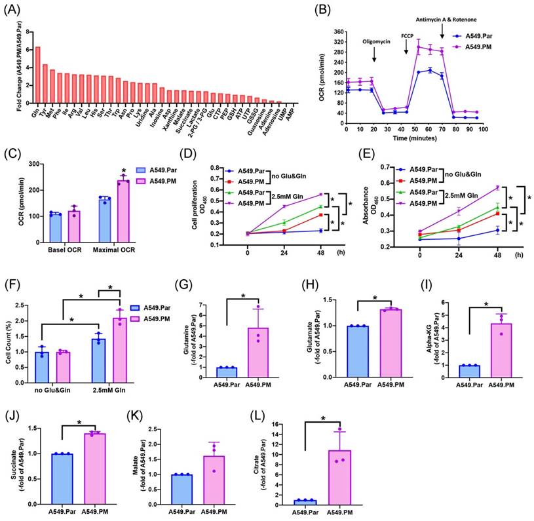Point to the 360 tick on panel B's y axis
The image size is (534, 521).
(x=338, y=32)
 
